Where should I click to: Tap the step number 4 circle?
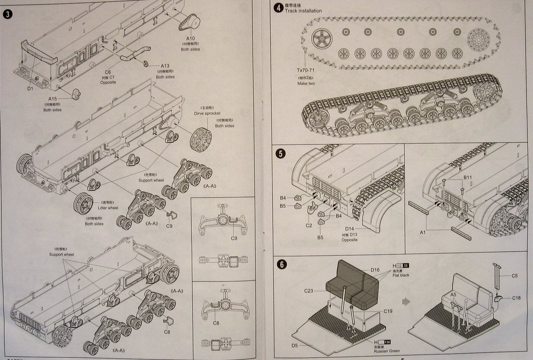click(x=278, y=7)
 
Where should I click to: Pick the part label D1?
click(x=30, y=88)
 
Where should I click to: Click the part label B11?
click(x=468, y=178)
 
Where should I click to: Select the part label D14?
click(x=349, y=228)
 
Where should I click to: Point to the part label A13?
click(x=165, y=66)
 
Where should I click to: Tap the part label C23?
click(x=310, y=291)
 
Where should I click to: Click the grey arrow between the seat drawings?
click(x=405, y=301)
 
